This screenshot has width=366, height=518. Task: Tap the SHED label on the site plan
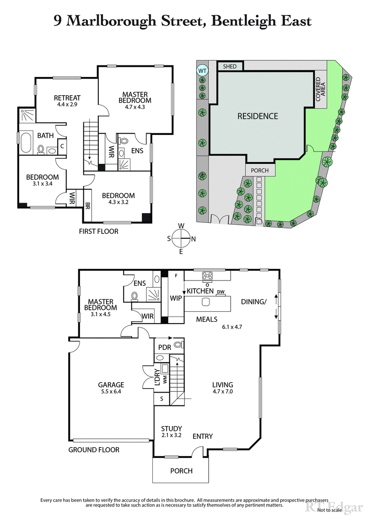click(x=230, y=66)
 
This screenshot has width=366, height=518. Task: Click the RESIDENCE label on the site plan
click(x=257, y=116)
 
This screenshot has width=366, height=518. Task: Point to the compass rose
click(x=181, y=238)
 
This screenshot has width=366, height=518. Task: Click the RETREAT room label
click(x=67, y=98)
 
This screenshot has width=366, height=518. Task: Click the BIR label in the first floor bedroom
click(x=88, y=205)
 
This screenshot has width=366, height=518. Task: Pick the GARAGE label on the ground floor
click(x=111, y=385)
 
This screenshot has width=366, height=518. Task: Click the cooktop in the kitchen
click(x=207, y=275)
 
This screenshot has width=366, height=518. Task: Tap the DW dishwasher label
click(x=221, y=292)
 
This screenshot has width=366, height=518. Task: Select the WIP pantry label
click(x=176, y=297)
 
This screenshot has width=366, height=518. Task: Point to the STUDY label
click(x=172, y=429)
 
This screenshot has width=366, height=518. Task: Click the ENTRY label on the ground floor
click(x=202, y=436)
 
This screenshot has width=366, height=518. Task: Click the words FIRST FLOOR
click(x=98, y=231)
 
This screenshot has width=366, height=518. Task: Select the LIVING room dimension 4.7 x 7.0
click(x=223, y=392)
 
